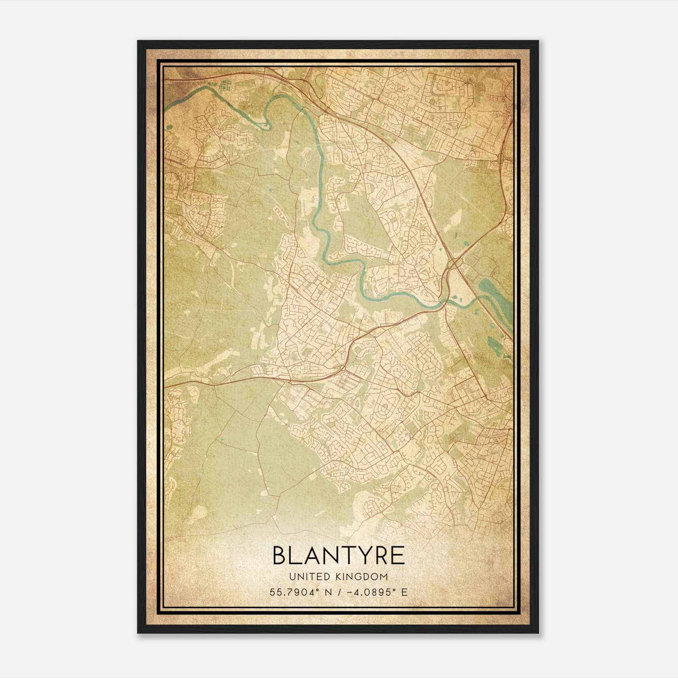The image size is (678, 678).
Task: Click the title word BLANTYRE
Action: (x=339, y=556)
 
